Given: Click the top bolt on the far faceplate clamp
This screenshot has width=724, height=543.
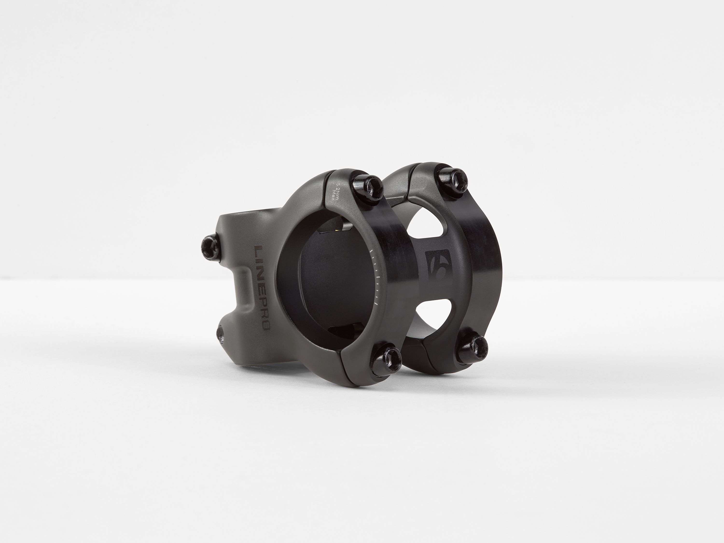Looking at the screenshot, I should [x=453, y=179].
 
